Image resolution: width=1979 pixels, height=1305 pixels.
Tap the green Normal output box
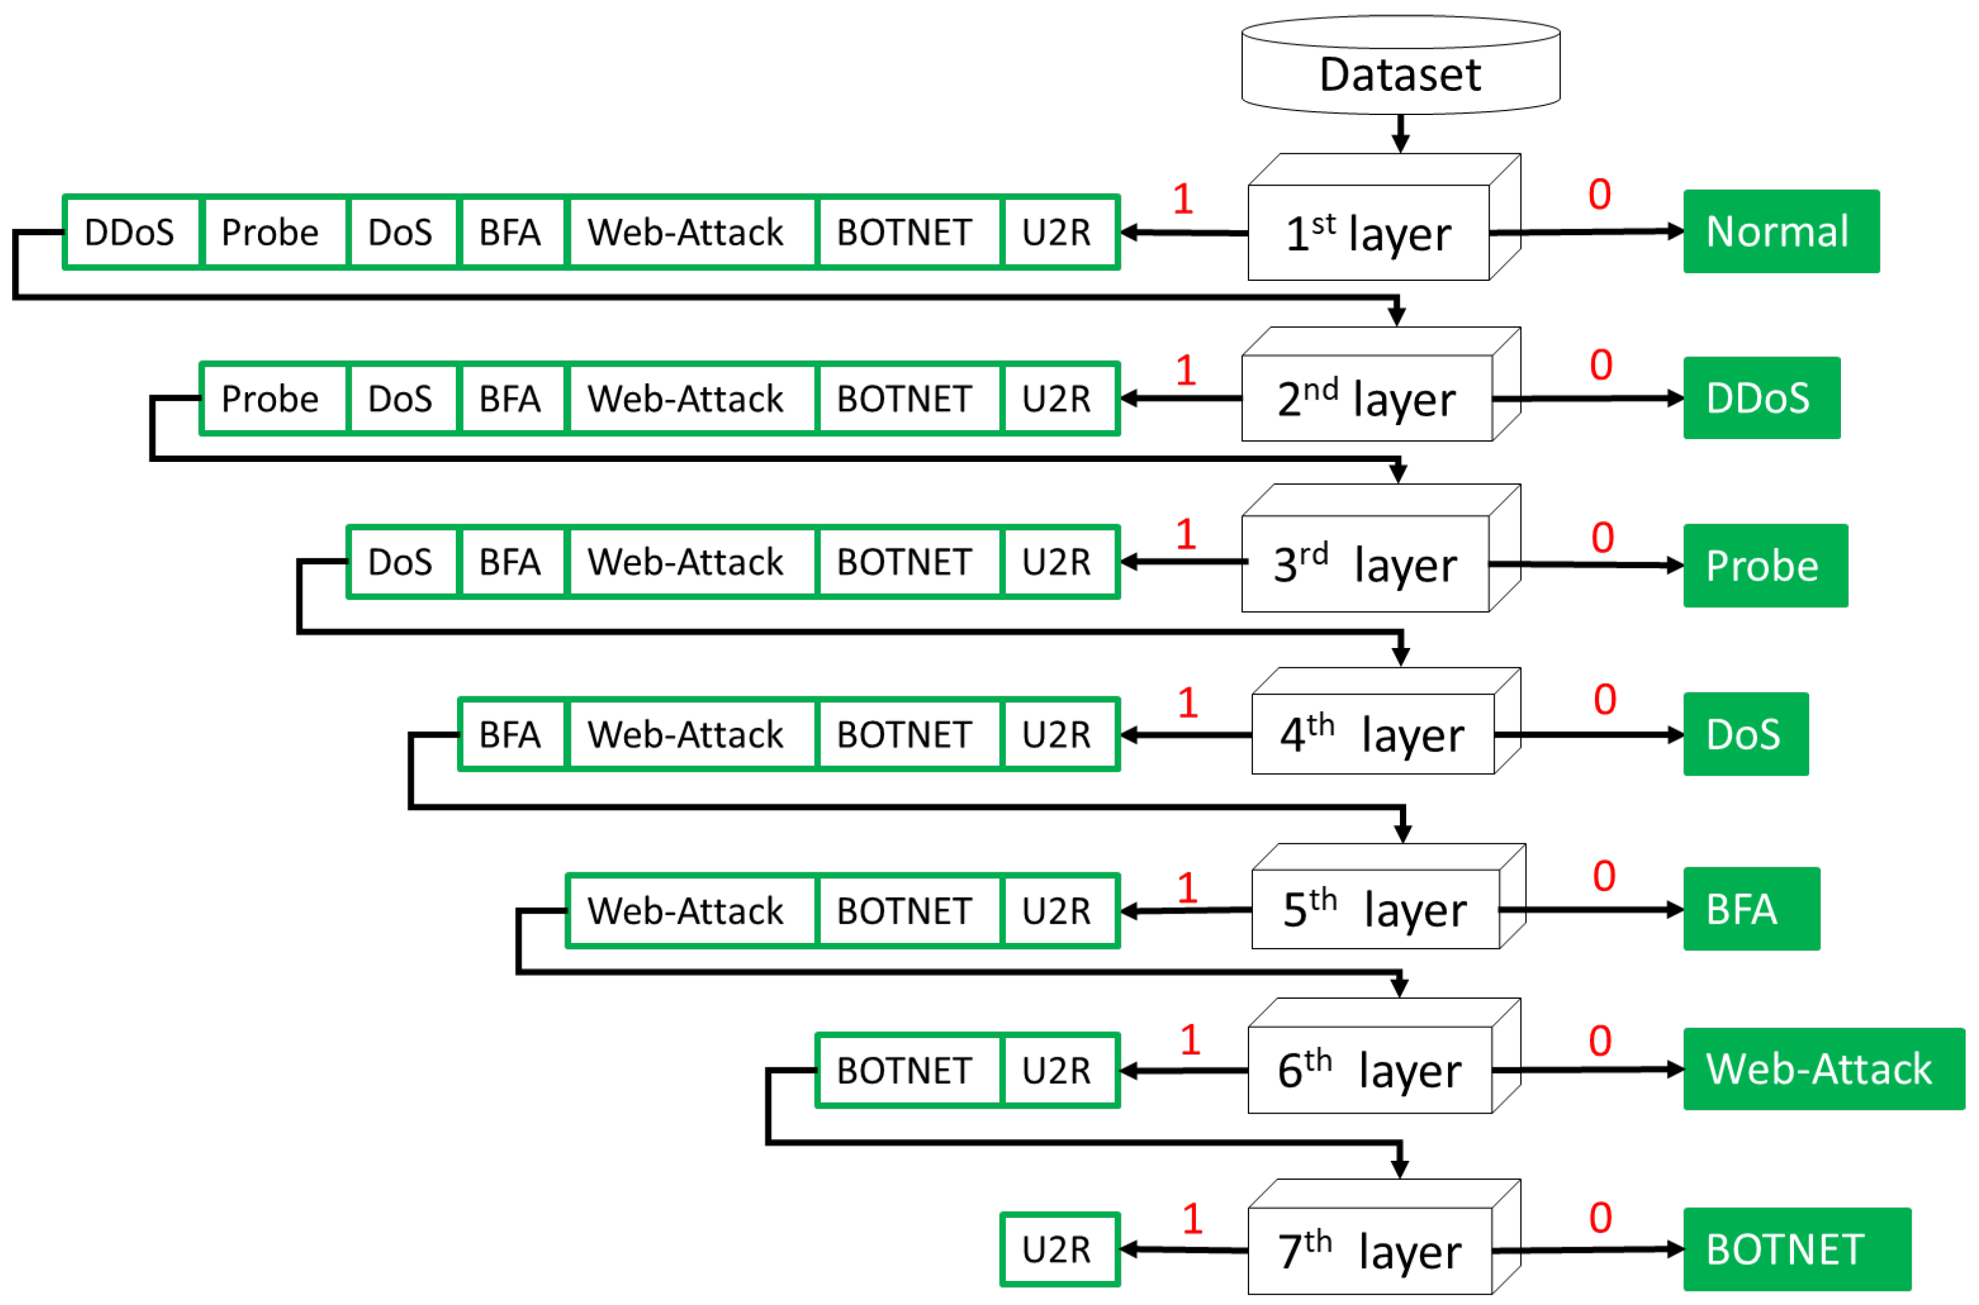tap(1780, 231)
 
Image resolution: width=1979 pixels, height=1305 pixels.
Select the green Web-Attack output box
tap(1823, 1069)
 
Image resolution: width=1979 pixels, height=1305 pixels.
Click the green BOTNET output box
tap(1796, 1248)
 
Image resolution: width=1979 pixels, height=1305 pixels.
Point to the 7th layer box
tap(1369, 1250)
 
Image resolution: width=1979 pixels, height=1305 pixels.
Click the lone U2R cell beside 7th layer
tap(1058, 1248)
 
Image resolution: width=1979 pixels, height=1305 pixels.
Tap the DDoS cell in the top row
tap(132, 232)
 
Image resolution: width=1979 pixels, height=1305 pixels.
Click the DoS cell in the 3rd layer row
tap(401, 562)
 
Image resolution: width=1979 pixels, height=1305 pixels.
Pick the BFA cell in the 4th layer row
tap(511, 734)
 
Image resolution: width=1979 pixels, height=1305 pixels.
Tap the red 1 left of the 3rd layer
tap(1186, 534)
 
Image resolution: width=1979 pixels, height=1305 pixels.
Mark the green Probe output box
tap(1764, 565)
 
